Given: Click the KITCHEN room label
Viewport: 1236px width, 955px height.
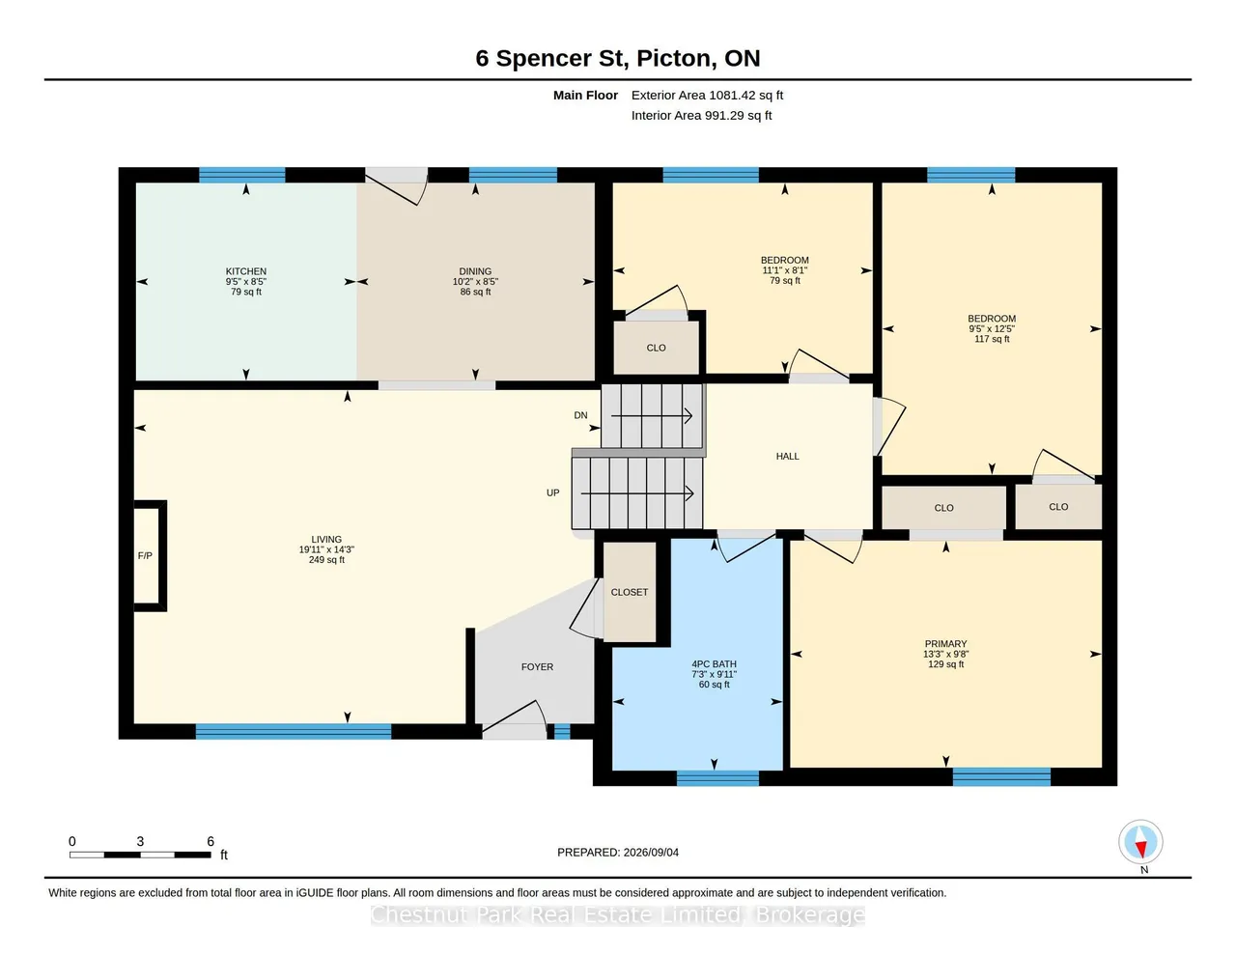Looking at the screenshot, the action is pyautogui.click(x=245, y=271).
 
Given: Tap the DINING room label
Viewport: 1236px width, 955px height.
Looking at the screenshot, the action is pyautogui.click(x=475, y=271).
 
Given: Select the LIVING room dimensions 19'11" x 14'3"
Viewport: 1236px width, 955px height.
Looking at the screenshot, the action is pyautogui.click(x=326, y=549).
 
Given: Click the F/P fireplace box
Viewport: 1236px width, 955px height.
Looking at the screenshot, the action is pyautogui.click(x=150, y=555).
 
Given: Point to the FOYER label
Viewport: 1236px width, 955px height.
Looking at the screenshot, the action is pyautogui.click(x=537, y=666).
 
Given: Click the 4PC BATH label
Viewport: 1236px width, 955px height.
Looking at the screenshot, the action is pyautogui.click(x=714, y=663).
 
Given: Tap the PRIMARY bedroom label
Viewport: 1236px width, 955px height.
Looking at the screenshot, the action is pyautogui.click(x=945, y=644).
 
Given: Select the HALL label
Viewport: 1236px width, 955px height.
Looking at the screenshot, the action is pyautogui.click(x=787, y=456).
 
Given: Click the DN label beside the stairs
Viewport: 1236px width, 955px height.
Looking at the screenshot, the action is pyautogui.click(x=580, y=415).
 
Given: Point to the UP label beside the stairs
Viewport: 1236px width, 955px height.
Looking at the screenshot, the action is pyautogui.click(x=553, y=492).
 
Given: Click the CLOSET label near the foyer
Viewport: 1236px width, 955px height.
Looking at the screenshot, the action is pyautogui.click(x=629, y=592).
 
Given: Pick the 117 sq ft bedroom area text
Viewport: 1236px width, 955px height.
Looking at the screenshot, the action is pyautogui.click(x=992, y=339).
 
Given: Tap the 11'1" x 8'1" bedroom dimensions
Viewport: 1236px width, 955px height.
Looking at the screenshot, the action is pyautogui.click(x=784, y=270).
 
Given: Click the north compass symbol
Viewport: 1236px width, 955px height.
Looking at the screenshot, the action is pyautogui.click(x=1140, y=841).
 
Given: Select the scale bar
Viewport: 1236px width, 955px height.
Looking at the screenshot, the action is pyautogui.click(x=140, y=855).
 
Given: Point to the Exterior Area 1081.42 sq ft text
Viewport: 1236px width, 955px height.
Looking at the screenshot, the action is pyautogui.click(x=707, y=96).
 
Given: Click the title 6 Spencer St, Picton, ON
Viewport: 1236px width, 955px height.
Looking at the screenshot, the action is pyautogui.click(x=618, y=58).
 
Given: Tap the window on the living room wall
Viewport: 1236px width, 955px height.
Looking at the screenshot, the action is pyautogui.click(x=294, y=731).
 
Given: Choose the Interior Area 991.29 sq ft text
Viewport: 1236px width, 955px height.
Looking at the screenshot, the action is pyautogui.click(x=701, y=116).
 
